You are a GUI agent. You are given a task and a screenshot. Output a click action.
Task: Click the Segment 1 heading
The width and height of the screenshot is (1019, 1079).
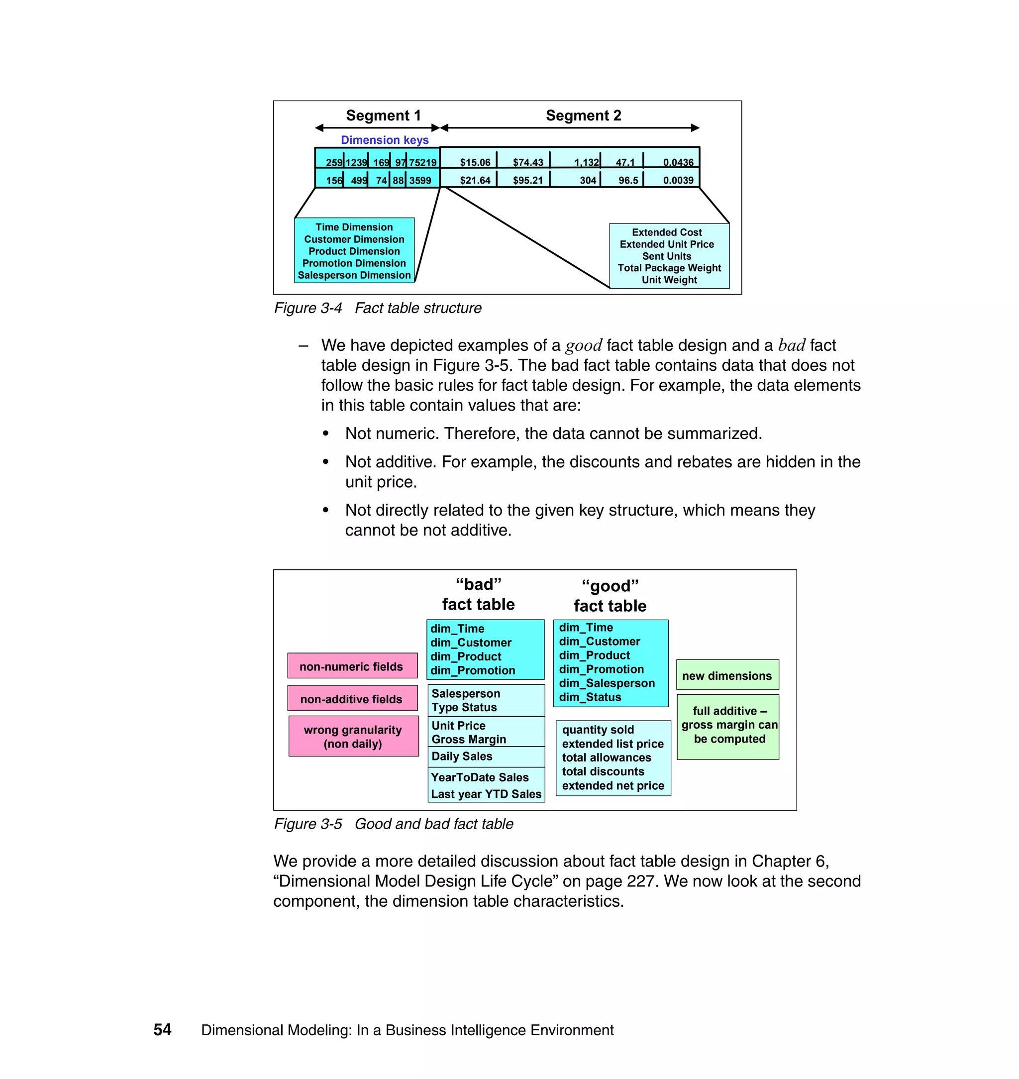(383, 116)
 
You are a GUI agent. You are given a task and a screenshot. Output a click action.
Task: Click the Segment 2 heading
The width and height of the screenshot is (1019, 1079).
(583, 116)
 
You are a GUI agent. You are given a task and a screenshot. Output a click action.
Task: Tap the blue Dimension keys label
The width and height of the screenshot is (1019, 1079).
(385, 140)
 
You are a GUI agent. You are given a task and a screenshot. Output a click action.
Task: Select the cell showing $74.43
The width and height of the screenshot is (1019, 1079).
(527, 162)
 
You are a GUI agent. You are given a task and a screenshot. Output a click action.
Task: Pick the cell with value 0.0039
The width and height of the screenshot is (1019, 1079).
(677, 180)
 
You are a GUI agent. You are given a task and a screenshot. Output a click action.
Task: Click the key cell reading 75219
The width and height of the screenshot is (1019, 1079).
(422, 162)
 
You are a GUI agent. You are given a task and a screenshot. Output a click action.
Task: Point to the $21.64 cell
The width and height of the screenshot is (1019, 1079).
(475, 180)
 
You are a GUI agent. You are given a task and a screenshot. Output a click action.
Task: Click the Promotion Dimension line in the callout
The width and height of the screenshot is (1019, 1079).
(354, 263)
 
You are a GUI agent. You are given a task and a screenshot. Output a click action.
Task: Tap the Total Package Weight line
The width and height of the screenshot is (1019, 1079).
(669, 268)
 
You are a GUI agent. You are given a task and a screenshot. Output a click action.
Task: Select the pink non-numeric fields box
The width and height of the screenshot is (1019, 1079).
(352, 666)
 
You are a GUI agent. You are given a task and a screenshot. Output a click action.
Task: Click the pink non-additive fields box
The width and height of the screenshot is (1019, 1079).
(352, 699)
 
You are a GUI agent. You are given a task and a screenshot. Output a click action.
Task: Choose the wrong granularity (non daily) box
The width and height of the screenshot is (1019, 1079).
(353, 737)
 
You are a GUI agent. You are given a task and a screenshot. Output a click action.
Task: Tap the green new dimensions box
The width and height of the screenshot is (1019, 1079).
(727, 676)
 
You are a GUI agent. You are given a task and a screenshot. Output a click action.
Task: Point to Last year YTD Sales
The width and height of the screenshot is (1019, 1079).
(486, 794)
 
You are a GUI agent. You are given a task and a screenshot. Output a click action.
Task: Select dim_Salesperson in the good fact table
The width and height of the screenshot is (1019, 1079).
(607, 683)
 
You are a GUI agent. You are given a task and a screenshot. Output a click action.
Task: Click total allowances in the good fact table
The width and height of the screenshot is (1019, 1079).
(606, 758)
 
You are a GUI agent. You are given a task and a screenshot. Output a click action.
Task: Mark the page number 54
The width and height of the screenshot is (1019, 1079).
(162, 1030)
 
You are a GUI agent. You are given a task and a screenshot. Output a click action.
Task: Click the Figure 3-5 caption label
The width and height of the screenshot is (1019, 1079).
(308, 824)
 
